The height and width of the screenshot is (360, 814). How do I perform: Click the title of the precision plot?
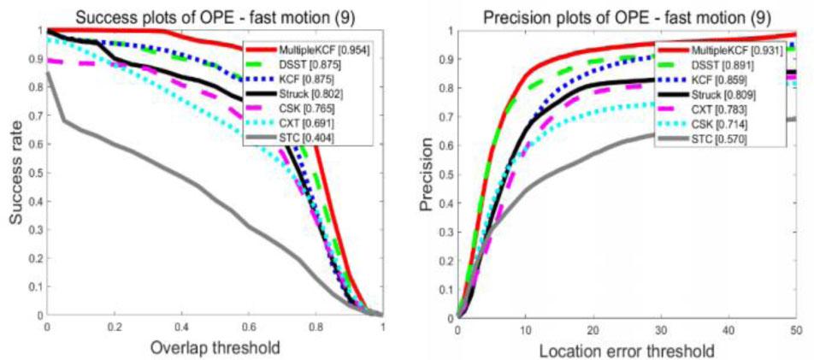(x=625, y=14)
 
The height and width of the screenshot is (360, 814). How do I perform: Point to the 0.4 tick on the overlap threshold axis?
(x=181, y=328)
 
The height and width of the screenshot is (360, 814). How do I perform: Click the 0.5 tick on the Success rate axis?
(x=33, y=172)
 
